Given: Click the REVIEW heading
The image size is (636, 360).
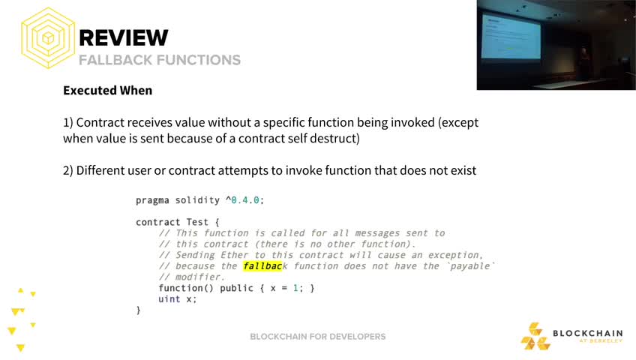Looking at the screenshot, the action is click(x=123, y=37).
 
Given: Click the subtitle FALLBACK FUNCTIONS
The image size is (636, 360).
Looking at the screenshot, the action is click(x=160, y=60).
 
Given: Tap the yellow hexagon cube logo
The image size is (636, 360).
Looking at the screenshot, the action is click(x=48, y=37).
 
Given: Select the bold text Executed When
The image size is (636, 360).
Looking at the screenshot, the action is click(x=107, y=91).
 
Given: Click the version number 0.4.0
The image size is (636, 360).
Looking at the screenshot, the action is click(x=245, y=200).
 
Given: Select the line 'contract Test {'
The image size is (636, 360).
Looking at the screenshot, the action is click(x=177, y=222).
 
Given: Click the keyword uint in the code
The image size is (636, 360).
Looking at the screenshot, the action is click(x=169, y=299).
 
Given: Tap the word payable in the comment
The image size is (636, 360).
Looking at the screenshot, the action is click(x=470, y=266).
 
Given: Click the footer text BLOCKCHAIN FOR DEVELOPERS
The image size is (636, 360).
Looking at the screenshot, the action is click(x=317, y=337).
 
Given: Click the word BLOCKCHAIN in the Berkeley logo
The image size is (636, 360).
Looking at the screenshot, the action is click(x=588, y=333).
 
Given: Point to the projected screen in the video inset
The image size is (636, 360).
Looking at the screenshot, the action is click(x=511, y=36).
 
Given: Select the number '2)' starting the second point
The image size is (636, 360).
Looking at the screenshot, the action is click(x=68, y=171).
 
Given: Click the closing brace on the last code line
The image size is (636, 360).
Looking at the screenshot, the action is click(x=138, y=310).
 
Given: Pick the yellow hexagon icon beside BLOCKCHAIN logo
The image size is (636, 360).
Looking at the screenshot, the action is click(x=535, y=336).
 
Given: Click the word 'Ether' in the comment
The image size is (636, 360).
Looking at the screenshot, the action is click(x=237, y=255).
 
